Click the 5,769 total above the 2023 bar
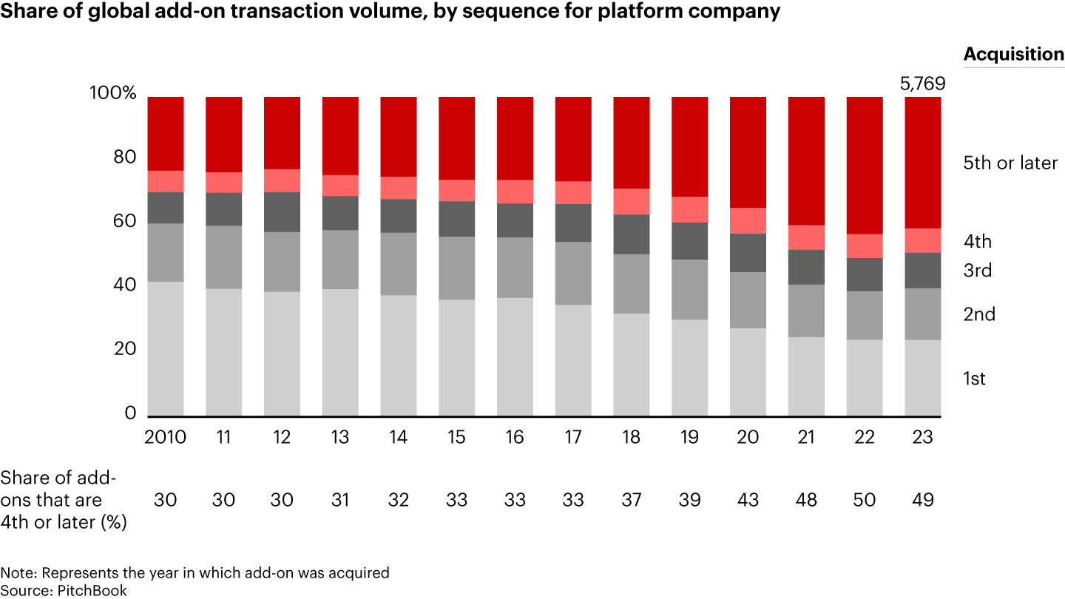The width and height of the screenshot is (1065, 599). click(x=922, y=84)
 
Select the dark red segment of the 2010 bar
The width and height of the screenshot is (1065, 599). click(x=166, y=133)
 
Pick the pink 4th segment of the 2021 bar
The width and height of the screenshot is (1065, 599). click(x=806, y=237)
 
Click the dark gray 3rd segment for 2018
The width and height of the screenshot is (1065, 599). click(x=632, y=234)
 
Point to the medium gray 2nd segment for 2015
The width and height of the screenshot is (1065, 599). click(x=457, y=268)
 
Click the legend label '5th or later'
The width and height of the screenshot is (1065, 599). click(x=1010, y=163)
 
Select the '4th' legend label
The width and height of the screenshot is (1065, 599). click(x=978, y=241)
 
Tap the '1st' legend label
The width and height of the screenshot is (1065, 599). click(x=974, y=379)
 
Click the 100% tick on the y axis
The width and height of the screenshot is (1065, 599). click(x=112, y=93)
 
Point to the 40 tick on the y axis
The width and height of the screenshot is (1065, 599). click(x=126, y=285)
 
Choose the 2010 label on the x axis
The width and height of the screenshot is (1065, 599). click(x=166, y=437)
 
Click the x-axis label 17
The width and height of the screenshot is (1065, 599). click(x=573, y=437)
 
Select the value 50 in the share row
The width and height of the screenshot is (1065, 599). click(x=864, y=500)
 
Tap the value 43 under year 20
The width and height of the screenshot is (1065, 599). click(x=748, y=500)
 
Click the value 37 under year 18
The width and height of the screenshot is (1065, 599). click(x=632, y=500)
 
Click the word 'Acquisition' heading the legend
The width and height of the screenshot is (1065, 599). click(x=1013, y=54)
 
